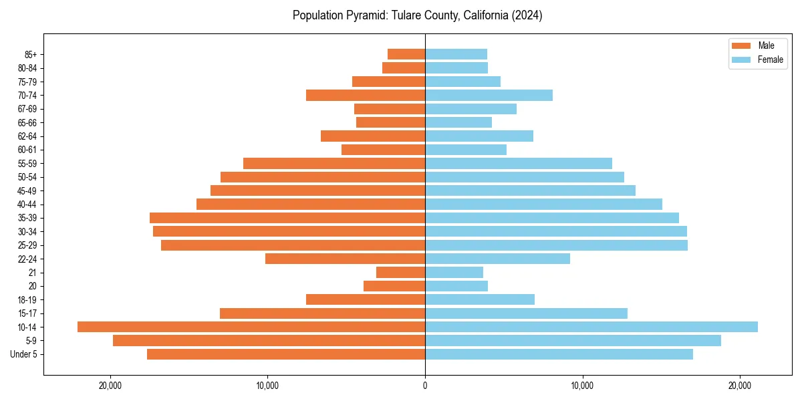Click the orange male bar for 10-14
251,327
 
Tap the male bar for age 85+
406,54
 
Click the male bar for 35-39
287,218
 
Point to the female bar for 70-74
489,95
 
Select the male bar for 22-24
345,259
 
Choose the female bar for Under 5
559,354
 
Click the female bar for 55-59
519,163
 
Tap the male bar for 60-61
383,150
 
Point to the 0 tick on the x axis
425,386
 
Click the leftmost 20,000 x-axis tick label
110,386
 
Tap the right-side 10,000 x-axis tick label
582,386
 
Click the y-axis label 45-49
27,190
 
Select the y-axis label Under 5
24,354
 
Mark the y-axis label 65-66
27,122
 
